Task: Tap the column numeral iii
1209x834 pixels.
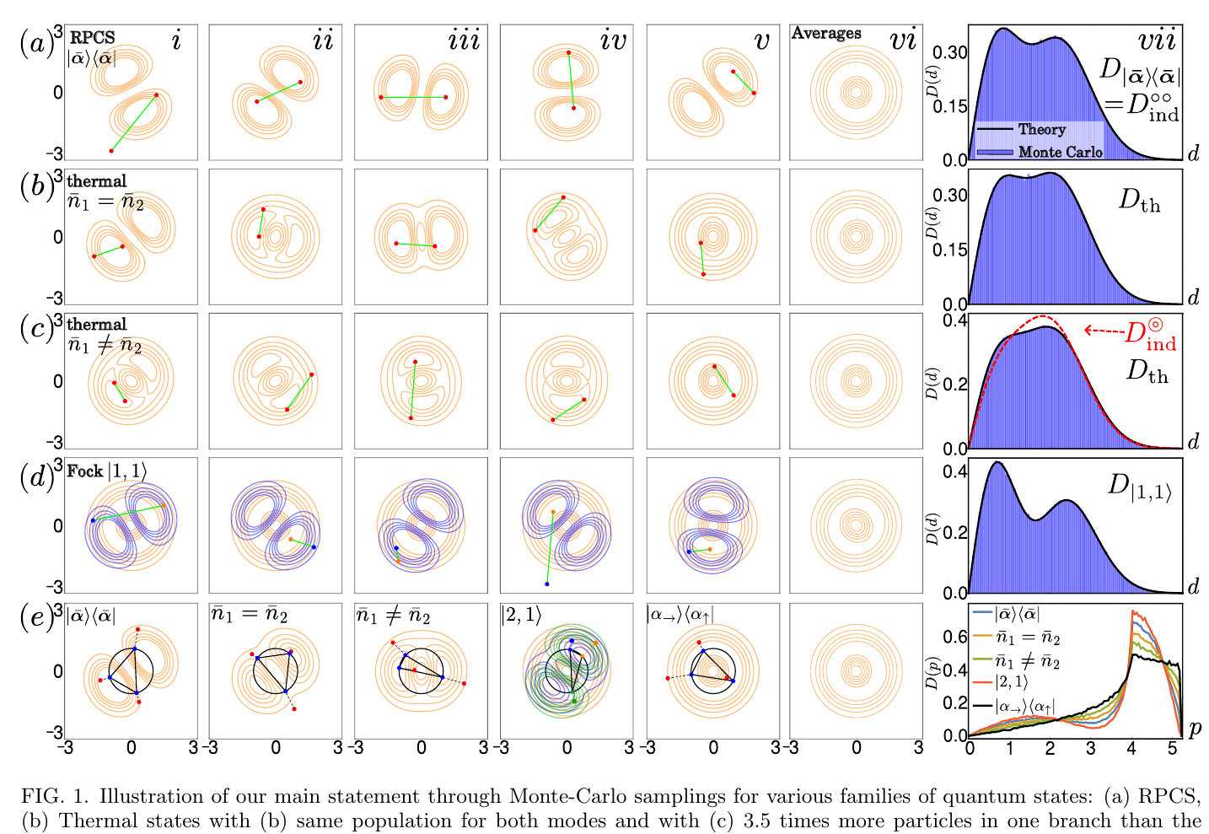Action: coord(465,40)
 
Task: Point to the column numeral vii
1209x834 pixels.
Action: coord(1156,40)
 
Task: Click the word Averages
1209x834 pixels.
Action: coord(825,34)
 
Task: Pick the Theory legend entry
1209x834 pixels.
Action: coord(1021,130)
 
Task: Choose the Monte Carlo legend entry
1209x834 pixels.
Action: coord(1040,153)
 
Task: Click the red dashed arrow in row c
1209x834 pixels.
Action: coord(1104,330)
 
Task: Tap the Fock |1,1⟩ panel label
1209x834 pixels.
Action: coord(106,471)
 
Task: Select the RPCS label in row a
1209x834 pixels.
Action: coord(92,37)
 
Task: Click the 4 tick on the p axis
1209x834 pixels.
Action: coord(1131,748)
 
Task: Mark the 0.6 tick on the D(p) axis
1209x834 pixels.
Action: coord(954,637)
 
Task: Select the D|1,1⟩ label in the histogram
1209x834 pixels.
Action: coord(1139,488)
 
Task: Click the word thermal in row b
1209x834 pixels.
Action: coord(97,180)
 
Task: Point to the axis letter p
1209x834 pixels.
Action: coord(1195,729)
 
